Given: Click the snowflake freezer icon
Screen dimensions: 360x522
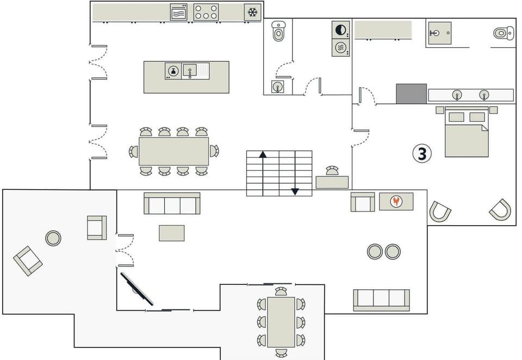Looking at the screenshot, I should pos(252,12).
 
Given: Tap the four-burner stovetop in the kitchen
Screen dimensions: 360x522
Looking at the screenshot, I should pos(206,12).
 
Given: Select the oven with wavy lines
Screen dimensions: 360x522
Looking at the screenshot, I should pos(178,12).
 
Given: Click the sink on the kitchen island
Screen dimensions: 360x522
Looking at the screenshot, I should pos(190,70).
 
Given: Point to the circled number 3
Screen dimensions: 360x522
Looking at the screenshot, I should pos(421,154).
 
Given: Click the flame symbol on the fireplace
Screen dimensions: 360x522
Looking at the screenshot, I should pos(396,201).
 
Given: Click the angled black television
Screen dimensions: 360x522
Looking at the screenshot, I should pos(136,288).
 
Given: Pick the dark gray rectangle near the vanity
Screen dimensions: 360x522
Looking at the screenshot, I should pos(411,94).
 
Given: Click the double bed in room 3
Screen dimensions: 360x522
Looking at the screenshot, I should pos(467,133).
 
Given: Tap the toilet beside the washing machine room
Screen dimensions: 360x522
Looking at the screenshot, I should pos(278,32).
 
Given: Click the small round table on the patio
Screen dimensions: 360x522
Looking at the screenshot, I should pos(53,238).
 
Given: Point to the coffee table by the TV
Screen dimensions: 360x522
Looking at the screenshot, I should pos(172,233).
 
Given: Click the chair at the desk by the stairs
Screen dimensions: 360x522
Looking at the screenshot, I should pos(332,171).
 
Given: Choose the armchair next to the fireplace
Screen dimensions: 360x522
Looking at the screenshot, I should pos(362,202).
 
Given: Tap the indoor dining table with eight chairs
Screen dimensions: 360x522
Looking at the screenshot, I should pos(173,151).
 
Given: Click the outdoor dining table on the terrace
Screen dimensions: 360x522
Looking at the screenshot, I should pos(281,321).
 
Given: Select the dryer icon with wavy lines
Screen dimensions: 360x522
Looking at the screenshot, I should pos(341,48).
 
